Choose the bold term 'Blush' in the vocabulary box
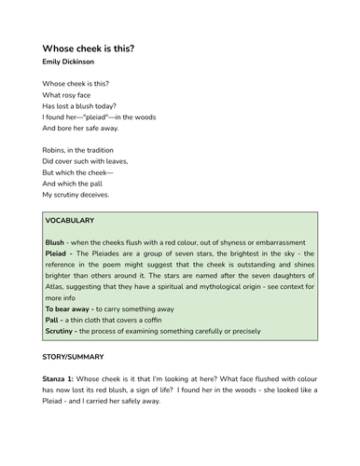(55, 241)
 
